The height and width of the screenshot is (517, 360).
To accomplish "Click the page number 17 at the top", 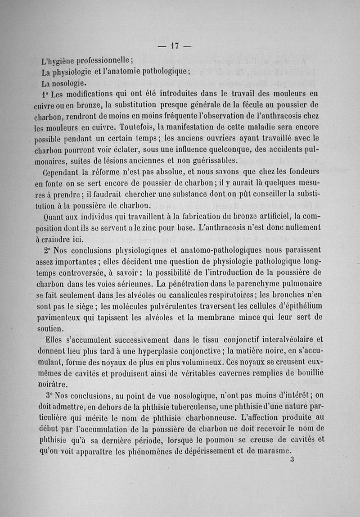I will [x=175, y=45].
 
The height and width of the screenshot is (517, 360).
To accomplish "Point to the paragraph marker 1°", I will [x=44, y=95].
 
